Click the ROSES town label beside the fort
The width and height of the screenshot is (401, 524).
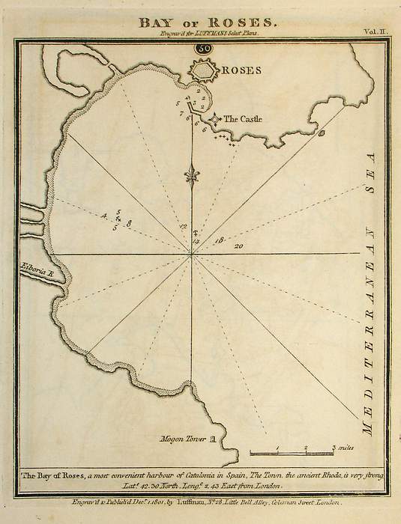(241, 71)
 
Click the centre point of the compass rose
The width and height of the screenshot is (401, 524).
(193, 256)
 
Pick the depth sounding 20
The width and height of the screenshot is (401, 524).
(239, 246)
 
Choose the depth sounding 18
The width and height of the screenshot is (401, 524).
(219, 240)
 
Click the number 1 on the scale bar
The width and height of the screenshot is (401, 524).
(277, 448)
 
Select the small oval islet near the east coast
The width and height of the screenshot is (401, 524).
(322, 133)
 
